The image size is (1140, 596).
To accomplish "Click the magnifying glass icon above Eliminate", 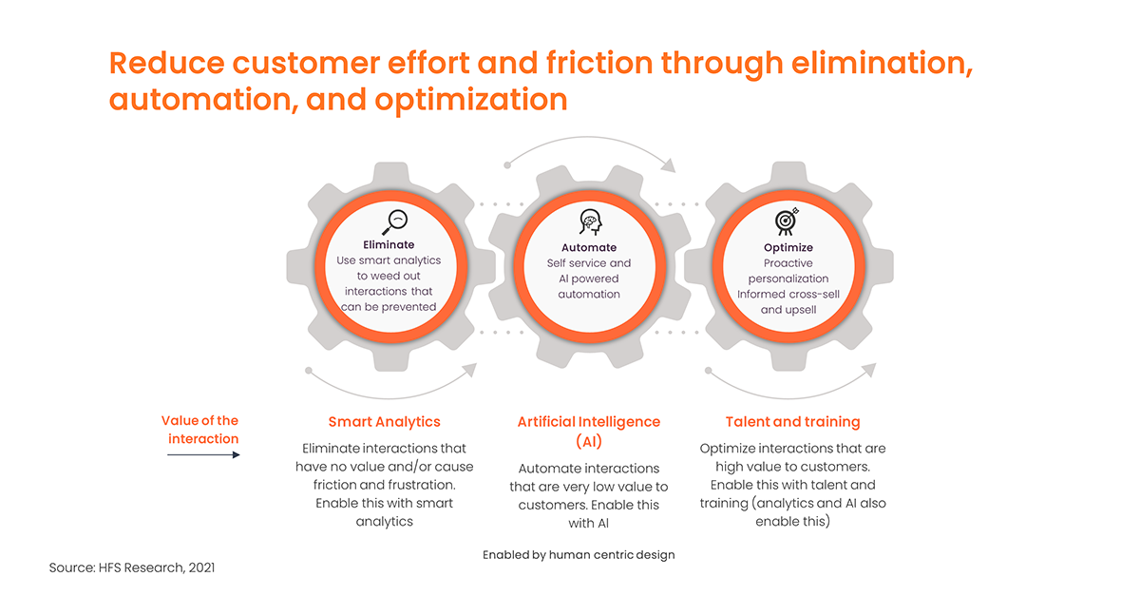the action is point(395,222).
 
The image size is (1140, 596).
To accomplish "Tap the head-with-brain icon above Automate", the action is point(590,222).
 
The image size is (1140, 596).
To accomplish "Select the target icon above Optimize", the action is point(787,221).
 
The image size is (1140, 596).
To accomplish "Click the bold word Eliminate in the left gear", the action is point(389,245).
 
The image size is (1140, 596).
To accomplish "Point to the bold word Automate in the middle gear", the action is point(589,247).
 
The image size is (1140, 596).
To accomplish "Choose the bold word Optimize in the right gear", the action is point(788,247).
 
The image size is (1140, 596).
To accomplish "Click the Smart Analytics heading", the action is point(384,422).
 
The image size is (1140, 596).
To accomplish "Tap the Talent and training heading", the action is point(793,422).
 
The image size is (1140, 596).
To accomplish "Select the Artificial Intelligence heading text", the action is point(589,422).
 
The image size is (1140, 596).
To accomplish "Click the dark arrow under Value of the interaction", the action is point(203,455).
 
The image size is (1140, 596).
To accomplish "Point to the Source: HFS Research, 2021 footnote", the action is point(132,567).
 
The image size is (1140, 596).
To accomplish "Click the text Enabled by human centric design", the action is point(579,555).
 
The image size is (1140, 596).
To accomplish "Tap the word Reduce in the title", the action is point(166,63).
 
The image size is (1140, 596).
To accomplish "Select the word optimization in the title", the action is point(471,101).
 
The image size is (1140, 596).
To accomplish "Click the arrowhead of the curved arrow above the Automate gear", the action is point(669,165).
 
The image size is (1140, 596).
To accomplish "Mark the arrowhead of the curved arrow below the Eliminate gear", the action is point(469,370).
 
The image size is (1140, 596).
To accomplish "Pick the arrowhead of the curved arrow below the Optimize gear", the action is point(869,370).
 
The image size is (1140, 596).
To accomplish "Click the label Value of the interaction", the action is point(200,430).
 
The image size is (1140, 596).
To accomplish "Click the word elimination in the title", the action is point(882,63).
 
